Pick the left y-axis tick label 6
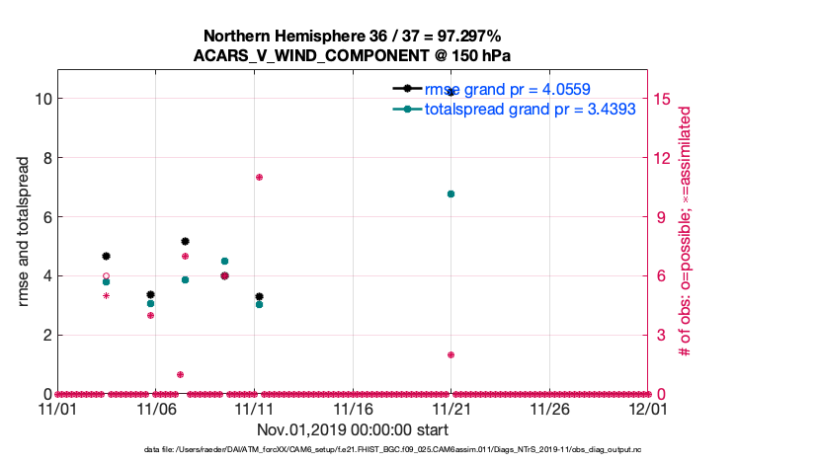pyautogui.click(x=44, y=217)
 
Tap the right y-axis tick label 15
pyautogui.click(x=663, y=99)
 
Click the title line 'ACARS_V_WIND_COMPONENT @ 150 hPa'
pyautogui.click(x=353, y=55)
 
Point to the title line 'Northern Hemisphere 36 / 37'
pyautogui.click(x=353, y=36)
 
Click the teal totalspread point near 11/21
pyautogui.click(x=451, y=194)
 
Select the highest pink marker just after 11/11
pyautogui.click(x=259, y=177)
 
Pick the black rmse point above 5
pyautogui.click(x=185, y=241)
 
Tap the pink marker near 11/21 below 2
pyautogui.click(x=451, y=354)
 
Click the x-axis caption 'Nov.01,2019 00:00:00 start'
pyautogui.click(x=353, y=430)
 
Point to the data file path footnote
pyautogui.click(x=353, y=450)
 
